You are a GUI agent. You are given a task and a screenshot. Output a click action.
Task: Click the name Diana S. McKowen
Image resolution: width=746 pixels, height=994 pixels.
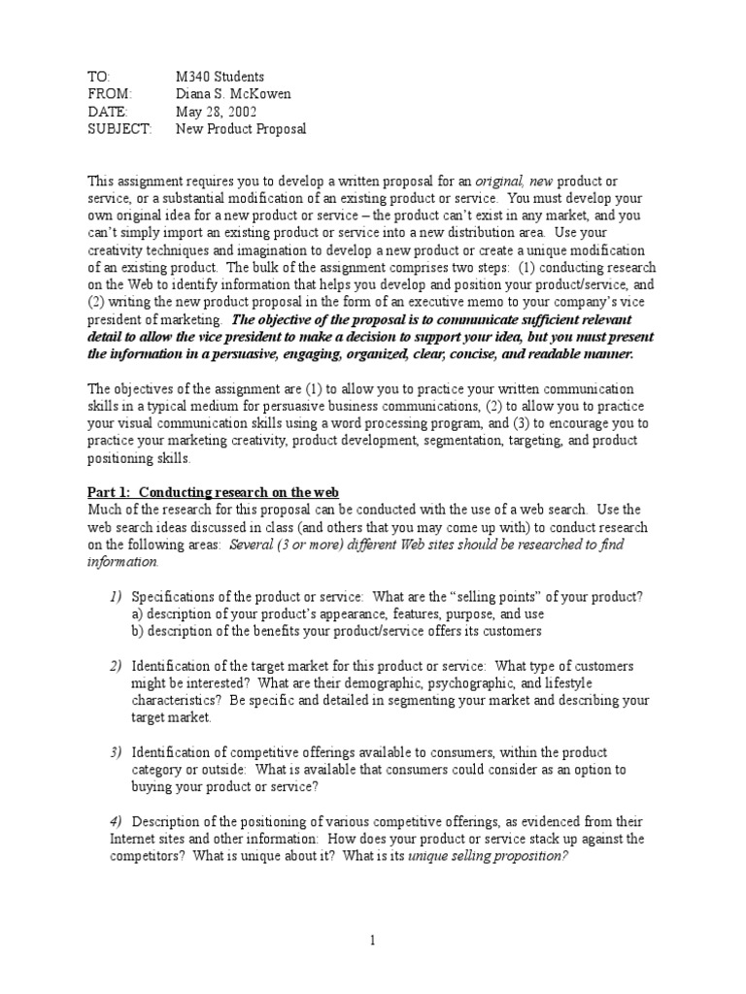point(232,94)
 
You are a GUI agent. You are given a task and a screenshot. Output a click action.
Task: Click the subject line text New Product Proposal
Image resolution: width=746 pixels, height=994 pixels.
point(241,129)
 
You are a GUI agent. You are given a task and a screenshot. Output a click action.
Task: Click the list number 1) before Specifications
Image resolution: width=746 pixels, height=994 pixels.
point(115,596)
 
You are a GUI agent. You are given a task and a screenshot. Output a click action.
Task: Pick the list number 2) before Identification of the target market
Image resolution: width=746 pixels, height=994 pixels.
point(115,666)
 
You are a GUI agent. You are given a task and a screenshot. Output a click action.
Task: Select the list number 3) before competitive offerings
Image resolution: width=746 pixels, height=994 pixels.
point(115,752)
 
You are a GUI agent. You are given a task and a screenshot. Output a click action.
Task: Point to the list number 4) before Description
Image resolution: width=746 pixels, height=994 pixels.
point(115,822)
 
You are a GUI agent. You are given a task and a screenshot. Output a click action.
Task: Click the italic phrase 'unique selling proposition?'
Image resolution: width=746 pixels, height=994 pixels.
point(488,857)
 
